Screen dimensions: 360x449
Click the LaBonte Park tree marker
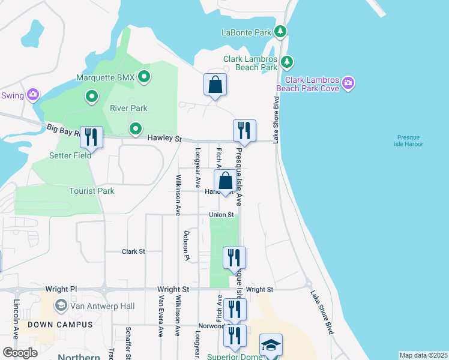[280, 31]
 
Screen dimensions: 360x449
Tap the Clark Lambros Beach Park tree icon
[288, 61]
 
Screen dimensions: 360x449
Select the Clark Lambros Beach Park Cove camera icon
[348, 82]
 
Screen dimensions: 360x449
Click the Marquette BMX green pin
[144, 77]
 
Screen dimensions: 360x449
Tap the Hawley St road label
[164, 139]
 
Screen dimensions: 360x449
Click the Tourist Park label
[91, 191]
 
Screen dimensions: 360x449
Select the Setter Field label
[70, 155]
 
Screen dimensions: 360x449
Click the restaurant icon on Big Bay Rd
[91, 137]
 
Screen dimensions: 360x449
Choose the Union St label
[221, 215]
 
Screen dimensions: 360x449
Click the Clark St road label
[133, 251]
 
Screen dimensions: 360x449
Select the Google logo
[20, 352]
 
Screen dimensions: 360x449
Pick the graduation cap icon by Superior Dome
[271, 346]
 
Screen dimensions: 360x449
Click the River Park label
[128, 109]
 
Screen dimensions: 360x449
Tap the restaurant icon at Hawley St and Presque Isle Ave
[244, 130]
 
